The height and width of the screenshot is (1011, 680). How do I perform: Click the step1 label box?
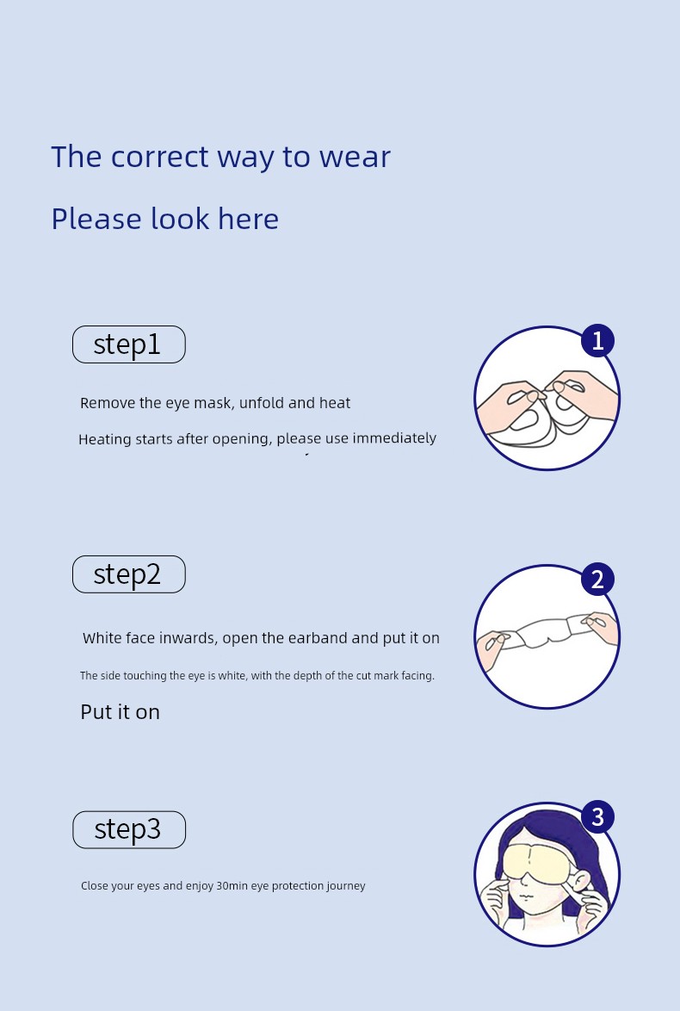click(129, 344)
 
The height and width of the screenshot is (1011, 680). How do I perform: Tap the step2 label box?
click(129, 574)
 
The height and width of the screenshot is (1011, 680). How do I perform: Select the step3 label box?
click(129, 829)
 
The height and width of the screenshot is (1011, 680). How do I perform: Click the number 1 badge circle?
click(597, 340)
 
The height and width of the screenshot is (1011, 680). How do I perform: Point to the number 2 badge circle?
click(597, 579)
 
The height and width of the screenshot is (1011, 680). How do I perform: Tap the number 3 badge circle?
click(597, 816)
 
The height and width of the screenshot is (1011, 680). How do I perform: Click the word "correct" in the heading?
click(159, 158)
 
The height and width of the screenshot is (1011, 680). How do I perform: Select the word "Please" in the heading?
click(96, 220)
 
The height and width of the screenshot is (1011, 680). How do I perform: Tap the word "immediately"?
click(394, 438)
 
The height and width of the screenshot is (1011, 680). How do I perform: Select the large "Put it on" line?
click(120, 712)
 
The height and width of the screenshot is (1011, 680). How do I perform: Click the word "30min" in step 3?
click(232, 886)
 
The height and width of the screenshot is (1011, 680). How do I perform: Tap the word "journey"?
click(345, 886)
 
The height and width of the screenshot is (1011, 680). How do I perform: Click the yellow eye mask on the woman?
click(536, 864)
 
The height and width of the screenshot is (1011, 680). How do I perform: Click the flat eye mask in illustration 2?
click(547, 631)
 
